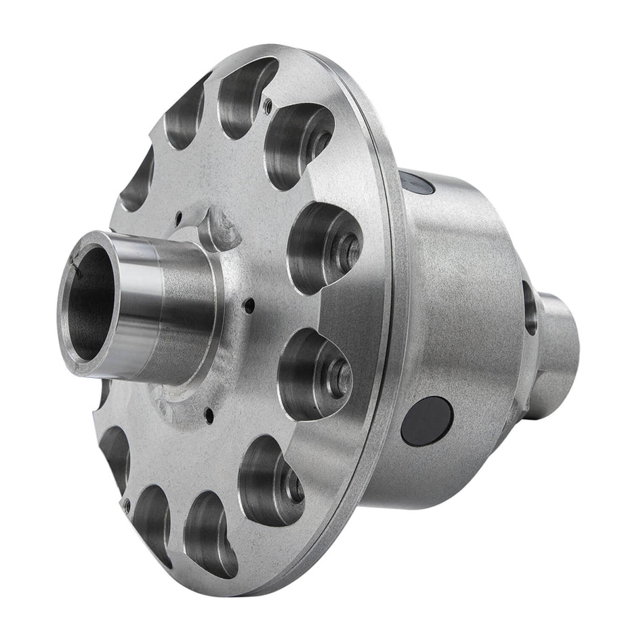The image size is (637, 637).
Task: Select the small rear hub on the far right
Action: (559, 352)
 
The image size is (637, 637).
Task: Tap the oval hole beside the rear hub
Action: (529, 308)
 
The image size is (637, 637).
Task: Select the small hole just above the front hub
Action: (178, 218)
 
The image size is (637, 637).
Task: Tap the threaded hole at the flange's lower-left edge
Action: (126, 504)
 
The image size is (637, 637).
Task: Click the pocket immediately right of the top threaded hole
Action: (298, 142)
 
